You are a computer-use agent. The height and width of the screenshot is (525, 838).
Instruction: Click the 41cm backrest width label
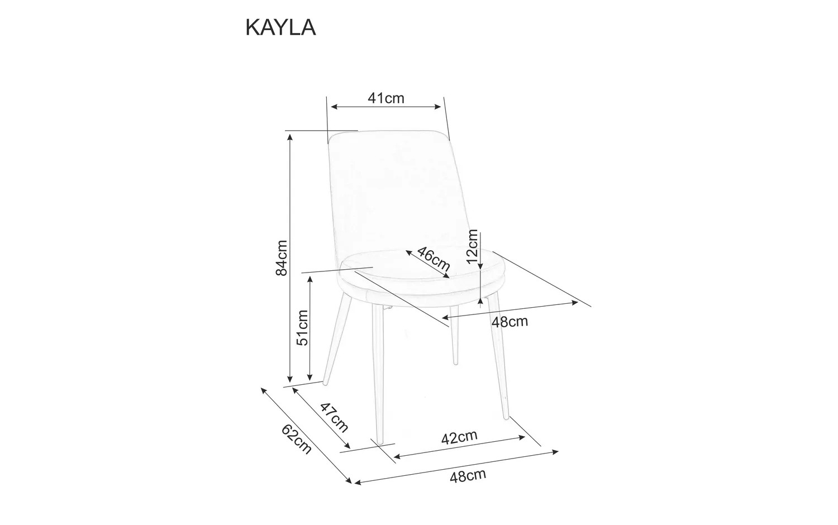tap(385, 98)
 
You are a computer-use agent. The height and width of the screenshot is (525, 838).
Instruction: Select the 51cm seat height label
tap(302, 327)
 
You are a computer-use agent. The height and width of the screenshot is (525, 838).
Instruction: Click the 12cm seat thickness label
tap(473, 246)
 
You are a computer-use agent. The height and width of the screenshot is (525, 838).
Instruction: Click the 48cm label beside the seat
tap(509, 322)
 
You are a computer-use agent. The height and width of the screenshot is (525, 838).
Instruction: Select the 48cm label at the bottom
tap(468, 476)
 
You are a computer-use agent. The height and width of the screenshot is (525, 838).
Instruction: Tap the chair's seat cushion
tap(425, 268)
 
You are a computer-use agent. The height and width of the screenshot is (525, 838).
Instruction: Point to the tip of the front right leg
tap(507, 417)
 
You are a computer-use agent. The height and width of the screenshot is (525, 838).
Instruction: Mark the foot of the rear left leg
tap(325, 382)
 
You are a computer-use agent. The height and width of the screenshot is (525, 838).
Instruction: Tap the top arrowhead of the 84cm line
tap(290, 136)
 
